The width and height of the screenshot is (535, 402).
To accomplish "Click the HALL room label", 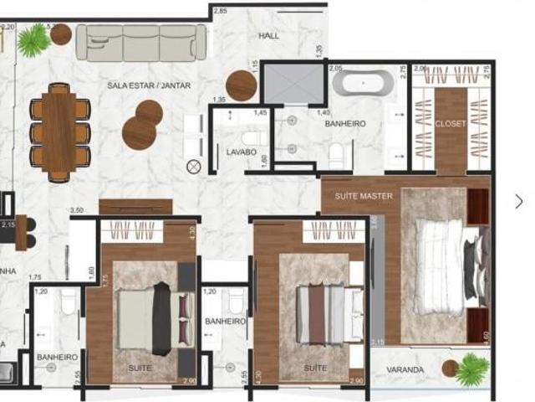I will [x=269, y=36].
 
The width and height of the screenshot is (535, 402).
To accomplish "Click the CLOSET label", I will [x=451, y=124].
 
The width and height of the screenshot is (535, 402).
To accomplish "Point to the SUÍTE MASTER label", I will [x=364, y=196].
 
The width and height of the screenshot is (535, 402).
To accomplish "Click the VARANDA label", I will [x=405, y=369].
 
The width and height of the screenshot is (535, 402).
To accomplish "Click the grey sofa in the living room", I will [x=141, y=41].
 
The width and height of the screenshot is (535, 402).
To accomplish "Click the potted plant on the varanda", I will [x=471, y=368].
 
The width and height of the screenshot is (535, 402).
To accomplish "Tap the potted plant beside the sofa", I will [x=33, y=39].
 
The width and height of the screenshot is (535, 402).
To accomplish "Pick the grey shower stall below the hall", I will [x=293, y=83].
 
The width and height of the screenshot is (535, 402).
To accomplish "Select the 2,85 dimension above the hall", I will [x=220, y=11].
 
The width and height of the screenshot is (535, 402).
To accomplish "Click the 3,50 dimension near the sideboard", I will [x=78, y=209].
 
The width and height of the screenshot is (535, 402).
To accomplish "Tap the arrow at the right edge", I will [x=519, y=201].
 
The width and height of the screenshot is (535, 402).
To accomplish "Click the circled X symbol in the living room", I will [x=194, y=167].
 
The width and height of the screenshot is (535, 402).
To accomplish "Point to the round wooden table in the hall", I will [x=242, y=85].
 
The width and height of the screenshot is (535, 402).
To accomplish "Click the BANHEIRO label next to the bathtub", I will [x=345, y=124].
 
